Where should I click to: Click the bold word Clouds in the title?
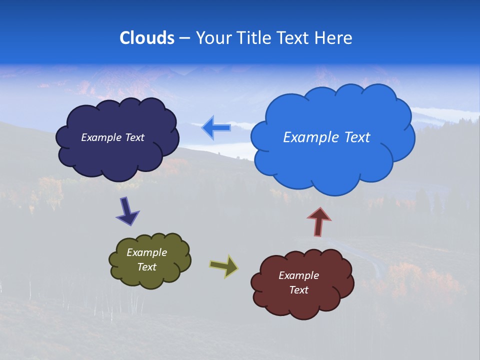pyautogui.click(x=146, y=38)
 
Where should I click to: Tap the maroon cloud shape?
pyautogui.click(x=302, y=305)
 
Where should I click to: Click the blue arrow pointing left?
pyautogui.click(x=216, y=128)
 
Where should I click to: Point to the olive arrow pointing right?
pyautogui.click(x=224, y=265)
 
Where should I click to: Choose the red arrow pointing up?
pyautogui.click(x=318, y=221)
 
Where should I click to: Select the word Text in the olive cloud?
pyautogui.click(x=146, y=267)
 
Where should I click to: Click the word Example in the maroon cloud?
pyautogui.click(x=298, y=275)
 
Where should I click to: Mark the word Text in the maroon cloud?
pyautogui.click(x=298, y=290)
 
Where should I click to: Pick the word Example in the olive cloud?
pyautogui.click(x=146, y=252)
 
